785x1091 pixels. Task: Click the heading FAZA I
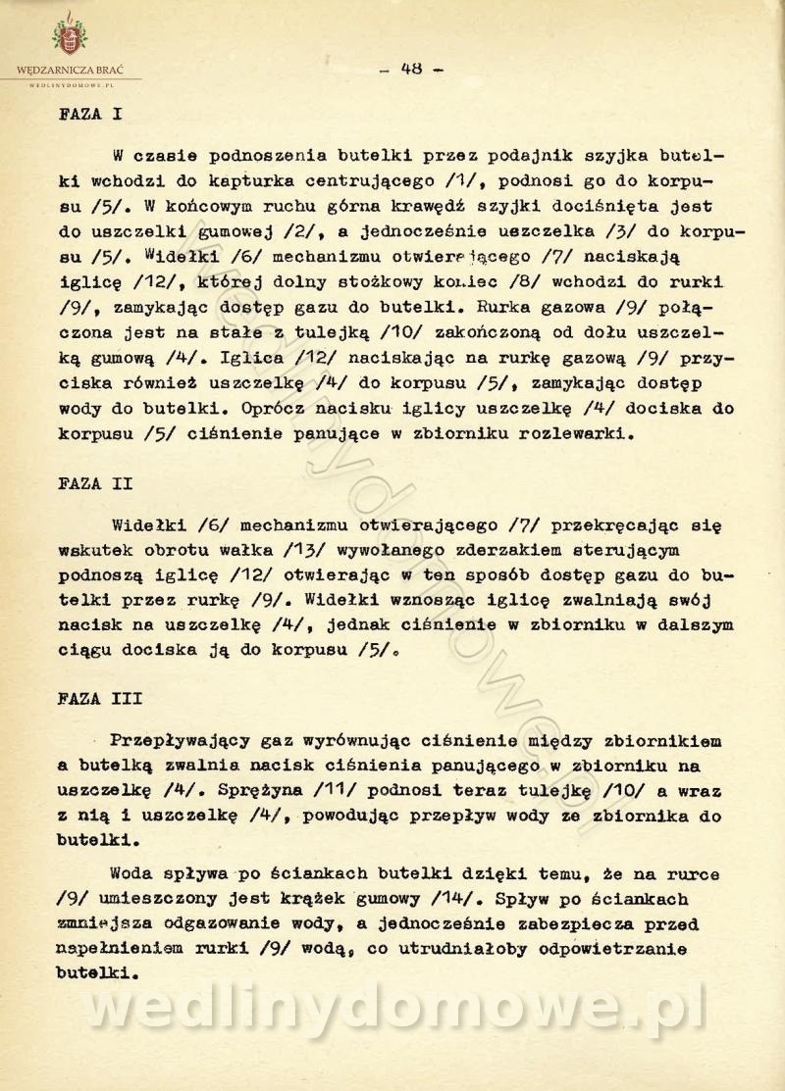90,113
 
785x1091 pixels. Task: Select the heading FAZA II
95,483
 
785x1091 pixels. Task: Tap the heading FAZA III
100,699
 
